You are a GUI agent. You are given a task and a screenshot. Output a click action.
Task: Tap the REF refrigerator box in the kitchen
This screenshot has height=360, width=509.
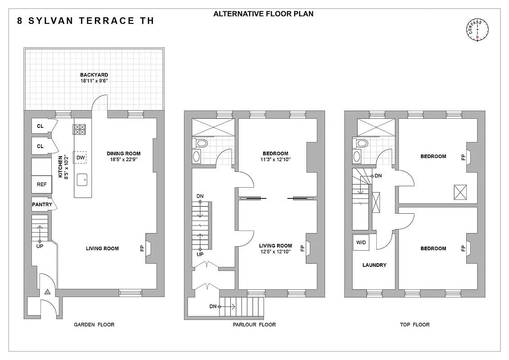[x=41, y=184]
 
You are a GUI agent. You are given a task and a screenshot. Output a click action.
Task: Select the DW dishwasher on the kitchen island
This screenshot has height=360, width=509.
[x=80, y=157]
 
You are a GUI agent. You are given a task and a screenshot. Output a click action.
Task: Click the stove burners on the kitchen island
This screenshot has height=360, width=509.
[x=79, y=130]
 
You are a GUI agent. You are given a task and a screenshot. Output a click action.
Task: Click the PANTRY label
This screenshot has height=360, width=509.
[x=42, y=205]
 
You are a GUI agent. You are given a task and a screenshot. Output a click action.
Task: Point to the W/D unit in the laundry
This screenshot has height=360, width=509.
[x=361, y=243]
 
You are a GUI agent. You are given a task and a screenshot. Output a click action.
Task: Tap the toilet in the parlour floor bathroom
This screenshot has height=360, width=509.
[x=202, y=144]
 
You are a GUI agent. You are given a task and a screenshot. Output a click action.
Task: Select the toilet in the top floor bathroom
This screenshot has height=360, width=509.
[x=362, y=144]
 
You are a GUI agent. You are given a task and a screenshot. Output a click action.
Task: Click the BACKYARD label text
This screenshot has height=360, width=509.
[x=94, y=75]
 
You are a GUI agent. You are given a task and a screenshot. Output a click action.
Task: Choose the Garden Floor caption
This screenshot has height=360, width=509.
[x=94, y=324]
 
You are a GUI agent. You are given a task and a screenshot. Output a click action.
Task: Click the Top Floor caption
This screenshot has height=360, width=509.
[x=414, y=324]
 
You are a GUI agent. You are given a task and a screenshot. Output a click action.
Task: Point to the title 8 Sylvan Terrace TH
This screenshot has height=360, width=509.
[x=85, y=21]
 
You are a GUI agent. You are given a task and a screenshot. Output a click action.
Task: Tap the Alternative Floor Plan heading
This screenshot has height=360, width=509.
[x=263, y=14]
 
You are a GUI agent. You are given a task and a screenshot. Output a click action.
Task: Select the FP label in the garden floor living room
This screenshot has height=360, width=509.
[x=142, y=248]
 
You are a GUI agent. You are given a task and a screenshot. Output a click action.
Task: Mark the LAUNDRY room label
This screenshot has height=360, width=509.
[x=374, y=265]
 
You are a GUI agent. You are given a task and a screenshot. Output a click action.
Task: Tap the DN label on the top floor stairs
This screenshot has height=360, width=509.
[x=378, y=175]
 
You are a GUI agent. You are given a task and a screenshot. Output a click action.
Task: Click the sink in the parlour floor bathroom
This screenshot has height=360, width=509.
[x=197, y=157]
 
